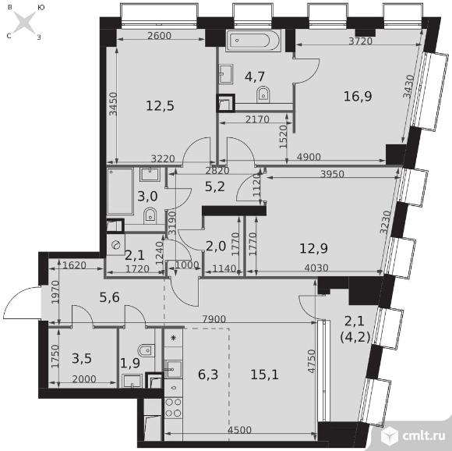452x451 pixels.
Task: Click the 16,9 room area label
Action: tap(358, 96)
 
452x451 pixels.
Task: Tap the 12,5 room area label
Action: tap(160, 106)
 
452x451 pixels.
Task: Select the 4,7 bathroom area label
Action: tap(255, 76)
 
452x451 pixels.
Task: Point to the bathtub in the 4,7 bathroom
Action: tap(252, 41)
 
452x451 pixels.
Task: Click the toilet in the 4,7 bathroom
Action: tap(263, 94)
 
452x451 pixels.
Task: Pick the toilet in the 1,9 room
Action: tap(147, 350)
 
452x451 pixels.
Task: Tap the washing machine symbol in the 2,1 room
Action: tap(116, 245)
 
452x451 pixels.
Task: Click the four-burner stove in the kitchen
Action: tap(174, 408)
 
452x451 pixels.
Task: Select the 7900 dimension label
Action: tap(214, 319)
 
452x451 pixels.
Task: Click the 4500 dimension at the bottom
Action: tap(239, 430)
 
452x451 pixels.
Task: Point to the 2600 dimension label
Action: tap(159, 36)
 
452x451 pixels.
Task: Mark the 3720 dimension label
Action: tap(361, 41)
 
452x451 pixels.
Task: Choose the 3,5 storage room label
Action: tap(82, 358)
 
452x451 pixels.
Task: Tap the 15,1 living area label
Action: tap(264, 375)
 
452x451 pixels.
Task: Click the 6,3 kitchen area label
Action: tap(208, 375)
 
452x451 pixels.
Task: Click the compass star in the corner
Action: tap(24, 22)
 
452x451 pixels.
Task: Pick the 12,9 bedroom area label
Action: tap(313, 248)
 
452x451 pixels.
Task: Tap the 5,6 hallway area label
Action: tap(110, 297)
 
